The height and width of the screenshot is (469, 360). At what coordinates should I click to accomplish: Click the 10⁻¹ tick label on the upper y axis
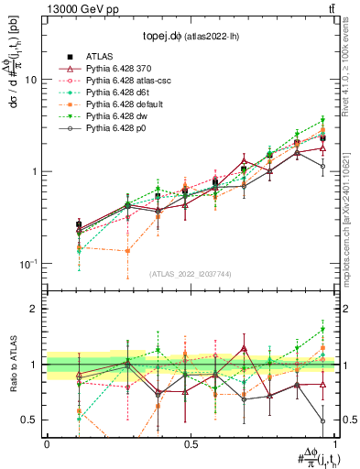tap(28, 264)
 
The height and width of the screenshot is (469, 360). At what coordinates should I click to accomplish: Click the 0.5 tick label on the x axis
tap(191, 442)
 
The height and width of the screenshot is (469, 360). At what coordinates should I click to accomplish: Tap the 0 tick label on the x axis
tap(47, 442)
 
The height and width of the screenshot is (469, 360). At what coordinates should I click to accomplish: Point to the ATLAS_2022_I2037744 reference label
tap(190, 274)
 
